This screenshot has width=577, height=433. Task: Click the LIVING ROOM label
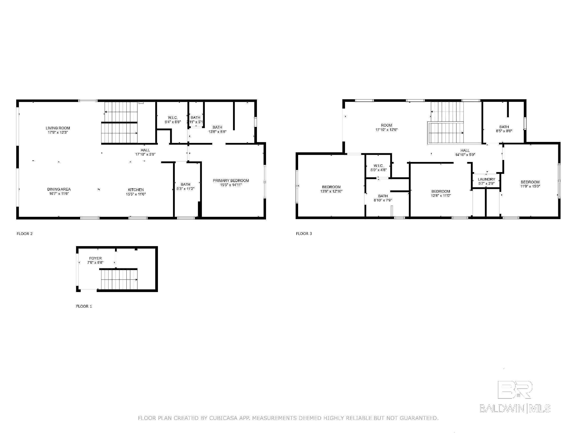(58, 128)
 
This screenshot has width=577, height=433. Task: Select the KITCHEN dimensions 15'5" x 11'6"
(136, 194)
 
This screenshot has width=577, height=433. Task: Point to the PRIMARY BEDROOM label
(231, 181)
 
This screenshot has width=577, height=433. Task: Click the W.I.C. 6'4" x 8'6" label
(173, 120)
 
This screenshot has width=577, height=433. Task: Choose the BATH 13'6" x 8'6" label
(217, 129)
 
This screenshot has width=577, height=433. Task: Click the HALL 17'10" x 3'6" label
(145, 152)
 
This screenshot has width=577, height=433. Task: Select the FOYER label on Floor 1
(95, 258)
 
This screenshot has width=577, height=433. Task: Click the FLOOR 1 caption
(84, 306)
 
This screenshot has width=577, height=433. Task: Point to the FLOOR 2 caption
(24, 234)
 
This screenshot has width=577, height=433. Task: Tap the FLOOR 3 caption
(304, 234)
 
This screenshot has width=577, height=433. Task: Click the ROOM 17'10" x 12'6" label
(386, 127)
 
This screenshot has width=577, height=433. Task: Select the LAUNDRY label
(486, 179)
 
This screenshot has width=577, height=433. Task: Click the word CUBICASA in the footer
(223, 418)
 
